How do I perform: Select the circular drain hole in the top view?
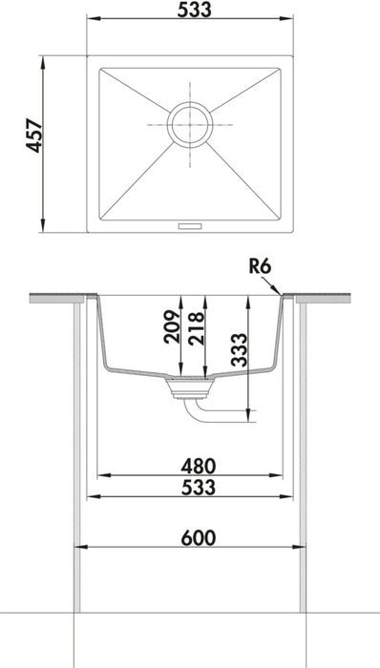point(190,124)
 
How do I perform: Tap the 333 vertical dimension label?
point(239,354)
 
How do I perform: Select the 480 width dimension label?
point(191,466)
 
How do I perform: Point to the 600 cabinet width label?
point(191,538)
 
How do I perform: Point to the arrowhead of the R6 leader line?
point(280,293)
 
